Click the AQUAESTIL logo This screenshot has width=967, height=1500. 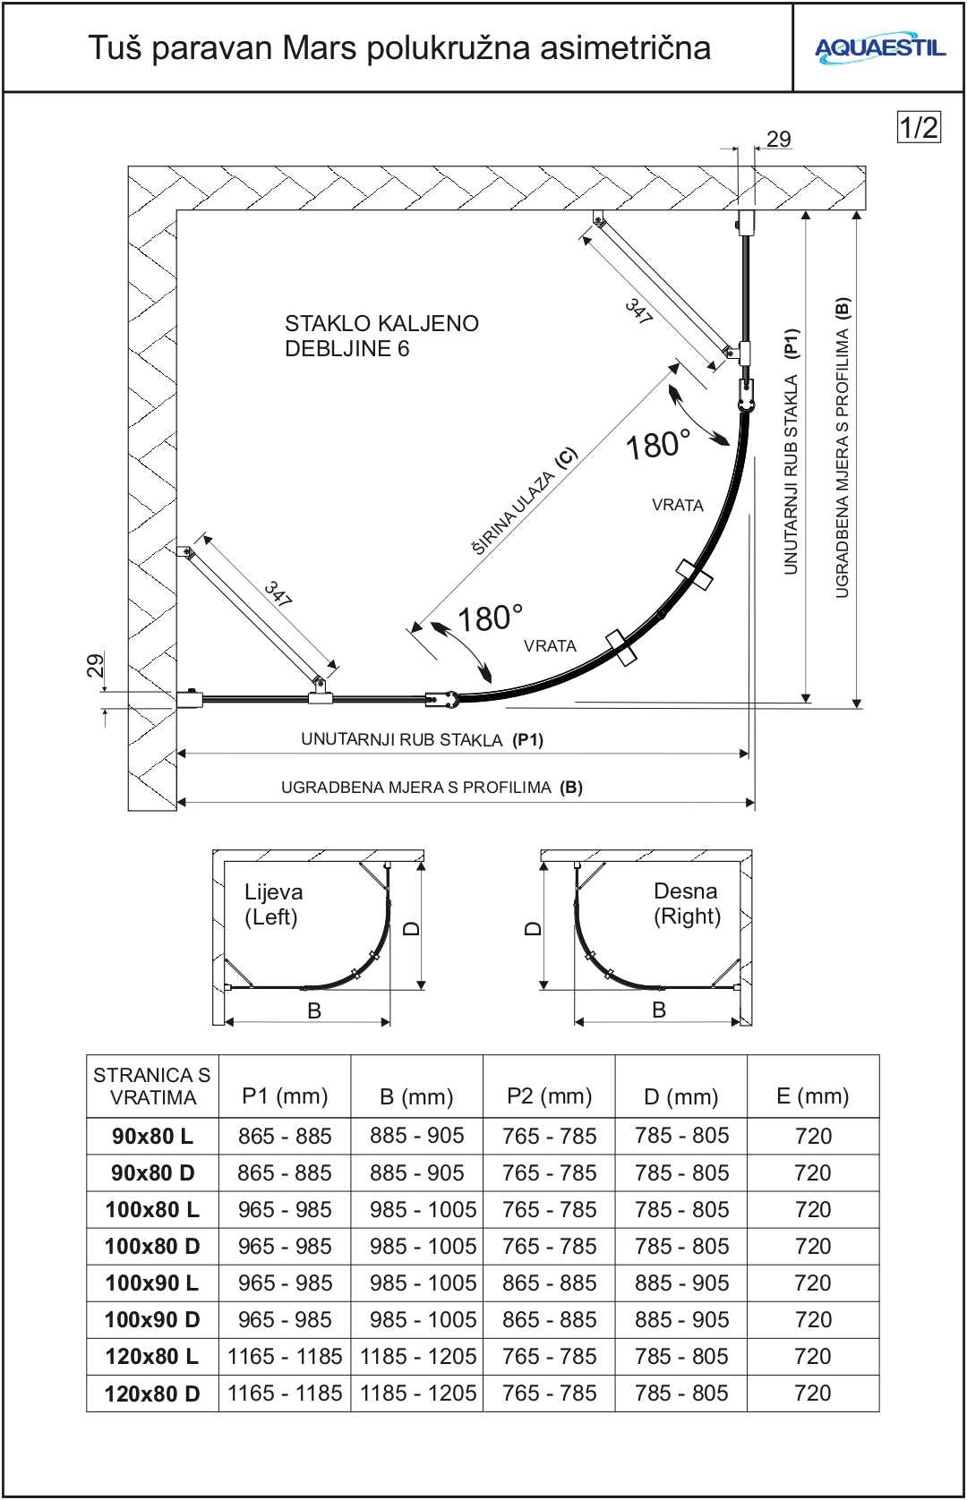(879, 48)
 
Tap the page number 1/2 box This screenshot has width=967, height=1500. (919, 127)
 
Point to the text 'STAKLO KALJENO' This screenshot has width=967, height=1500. (381, 323)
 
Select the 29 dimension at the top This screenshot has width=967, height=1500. (778, 139)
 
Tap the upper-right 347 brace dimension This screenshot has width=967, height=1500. (638, 311)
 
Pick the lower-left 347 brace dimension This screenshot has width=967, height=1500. (278, 593)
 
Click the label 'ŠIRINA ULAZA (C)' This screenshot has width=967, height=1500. (525, 501)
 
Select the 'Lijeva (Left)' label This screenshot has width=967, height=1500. (272, 904)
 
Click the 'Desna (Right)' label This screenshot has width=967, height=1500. (687, 903)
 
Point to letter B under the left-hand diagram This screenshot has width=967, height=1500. (314, 1010)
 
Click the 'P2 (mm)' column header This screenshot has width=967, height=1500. (549, 1095)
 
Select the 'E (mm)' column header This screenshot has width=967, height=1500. (813, 1095)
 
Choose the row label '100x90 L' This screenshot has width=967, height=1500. (152, 1283)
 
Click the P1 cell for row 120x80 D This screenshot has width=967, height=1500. (285, 1393)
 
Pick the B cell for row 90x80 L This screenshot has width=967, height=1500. (417, 1136)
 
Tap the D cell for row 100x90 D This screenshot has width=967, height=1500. (681, 1319)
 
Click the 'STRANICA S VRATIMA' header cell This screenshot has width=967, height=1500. (152, 1086)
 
